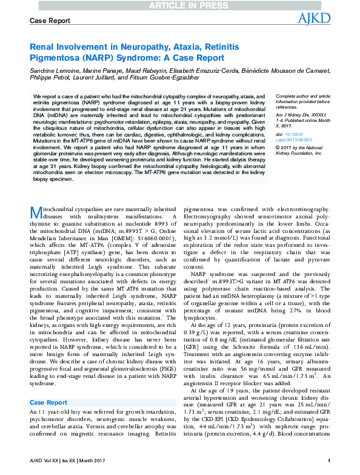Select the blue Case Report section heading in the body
pos(48,385)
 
